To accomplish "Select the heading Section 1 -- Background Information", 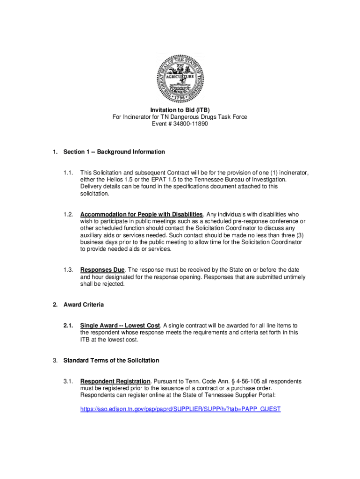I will pyautogui.click(x=114, y=152).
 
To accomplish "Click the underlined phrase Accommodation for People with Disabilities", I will pyautogui.click(x=141, y=214).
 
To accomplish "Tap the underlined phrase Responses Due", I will pyautogui.click(x=102, y=270).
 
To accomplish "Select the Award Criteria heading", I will pyautogui.click(x=84, y=305).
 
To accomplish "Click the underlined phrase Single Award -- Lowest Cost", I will pyautogui.click(x=120, y=326).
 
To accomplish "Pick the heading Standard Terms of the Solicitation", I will pyautogui.click(x=111, y=360).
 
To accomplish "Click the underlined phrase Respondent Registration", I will pyautogui.click(x=115, y=381).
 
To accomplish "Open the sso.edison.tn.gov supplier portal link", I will pyautogui.click(x=180, y=409).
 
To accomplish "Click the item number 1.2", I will pyautogui.click(x=68, y=214).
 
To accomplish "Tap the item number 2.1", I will pyautogui.click(x=68, y=326).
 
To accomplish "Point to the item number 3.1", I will pyautogui.click(x=68, y=381).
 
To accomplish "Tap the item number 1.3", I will pyautogui.click(x=68, y=270).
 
